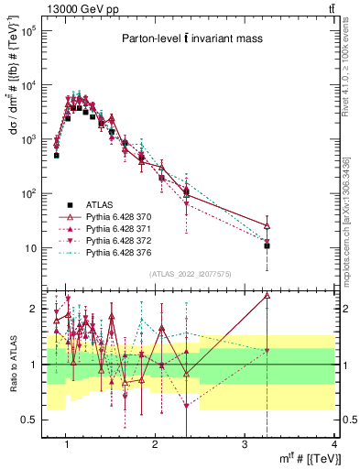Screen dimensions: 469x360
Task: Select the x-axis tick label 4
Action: click(x=334, y=444)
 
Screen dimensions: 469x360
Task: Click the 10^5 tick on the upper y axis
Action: click(x=28, y=31)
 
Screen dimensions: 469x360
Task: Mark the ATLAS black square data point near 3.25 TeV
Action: click(x=267, y=245)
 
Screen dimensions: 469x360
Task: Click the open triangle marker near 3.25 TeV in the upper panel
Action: click(x=267, y=225)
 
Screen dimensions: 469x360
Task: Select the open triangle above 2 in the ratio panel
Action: click(x=267, y=295)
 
